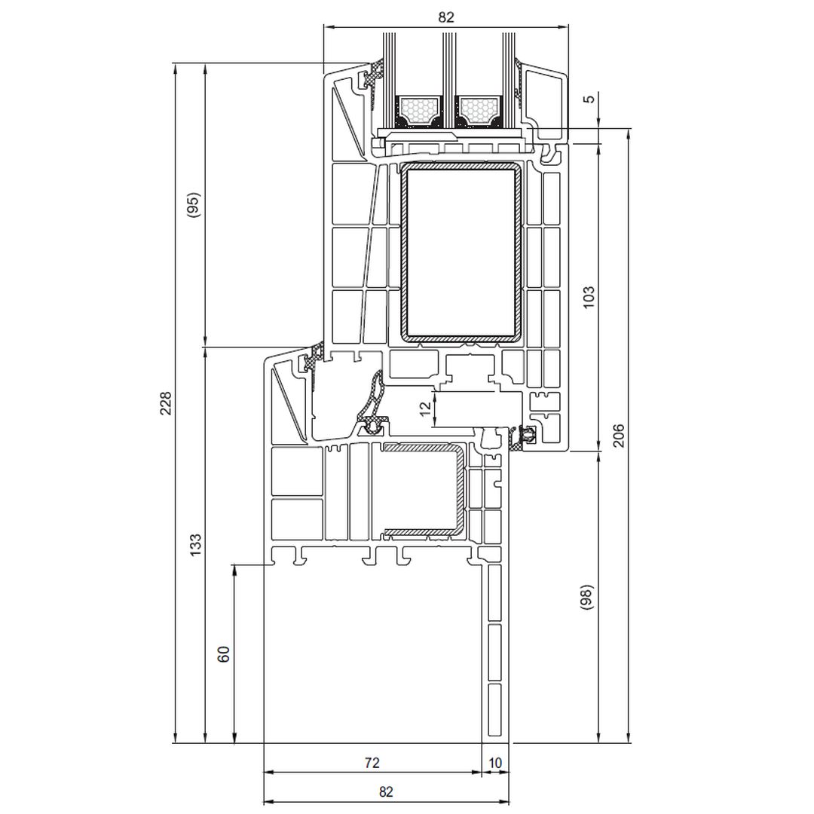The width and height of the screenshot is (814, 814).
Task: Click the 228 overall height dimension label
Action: coord(165,402)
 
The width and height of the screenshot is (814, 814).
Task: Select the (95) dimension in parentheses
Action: coord(193,205)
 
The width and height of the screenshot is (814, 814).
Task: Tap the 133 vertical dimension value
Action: coord(195,545)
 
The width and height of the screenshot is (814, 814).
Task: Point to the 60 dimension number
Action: coord(224,653)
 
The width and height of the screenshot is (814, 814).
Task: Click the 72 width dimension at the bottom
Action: coord(372,763)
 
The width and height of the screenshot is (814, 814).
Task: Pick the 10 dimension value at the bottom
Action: coord(495,763)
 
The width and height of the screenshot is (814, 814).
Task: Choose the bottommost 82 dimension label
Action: coord(386,791)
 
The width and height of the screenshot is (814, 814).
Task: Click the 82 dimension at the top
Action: coord(446,17)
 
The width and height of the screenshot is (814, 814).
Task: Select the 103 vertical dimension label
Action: coord(589,297)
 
